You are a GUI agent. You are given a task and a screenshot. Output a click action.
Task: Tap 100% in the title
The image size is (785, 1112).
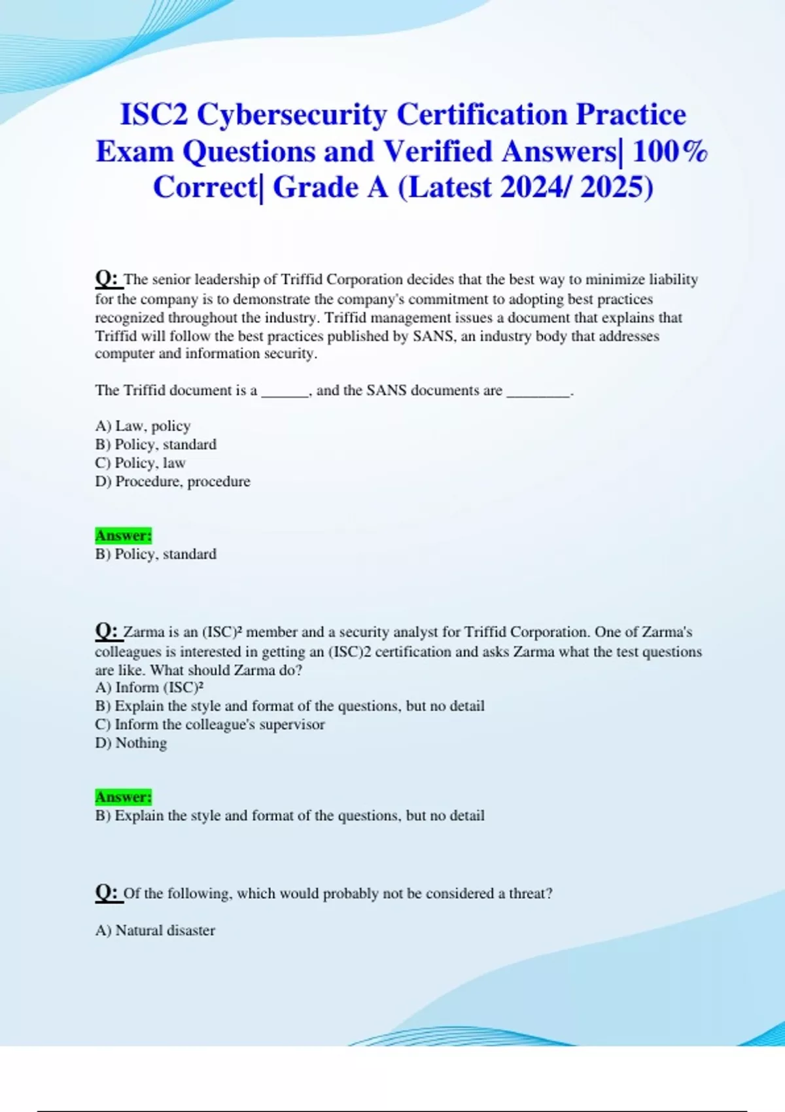click(670, 152)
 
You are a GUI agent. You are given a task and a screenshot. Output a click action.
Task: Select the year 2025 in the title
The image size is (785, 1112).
click(616, 188)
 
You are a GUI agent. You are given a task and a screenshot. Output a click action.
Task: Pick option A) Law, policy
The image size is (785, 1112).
click(143, 426)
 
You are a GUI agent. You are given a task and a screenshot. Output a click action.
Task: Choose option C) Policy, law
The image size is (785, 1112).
click(140, 463)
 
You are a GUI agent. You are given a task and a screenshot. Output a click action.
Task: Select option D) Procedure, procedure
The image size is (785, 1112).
click(173, 481)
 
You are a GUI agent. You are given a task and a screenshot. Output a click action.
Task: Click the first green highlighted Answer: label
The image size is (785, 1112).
click(123, 536)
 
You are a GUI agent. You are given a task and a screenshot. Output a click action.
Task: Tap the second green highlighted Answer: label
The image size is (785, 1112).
click(123, 797)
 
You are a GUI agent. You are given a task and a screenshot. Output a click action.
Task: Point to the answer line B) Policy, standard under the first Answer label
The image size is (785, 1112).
click(156, 554)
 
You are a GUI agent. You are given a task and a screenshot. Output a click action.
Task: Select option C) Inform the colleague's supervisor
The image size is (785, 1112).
click(209, 725)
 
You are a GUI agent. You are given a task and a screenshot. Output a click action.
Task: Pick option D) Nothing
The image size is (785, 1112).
click(131, 743)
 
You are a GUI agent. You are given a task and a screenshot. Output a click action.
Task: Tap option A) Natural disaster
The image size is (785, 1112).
click(155, 930)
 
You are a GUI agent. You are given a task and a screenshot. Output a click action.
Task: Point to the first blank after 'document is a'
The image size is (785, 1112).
click(285, 391)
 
